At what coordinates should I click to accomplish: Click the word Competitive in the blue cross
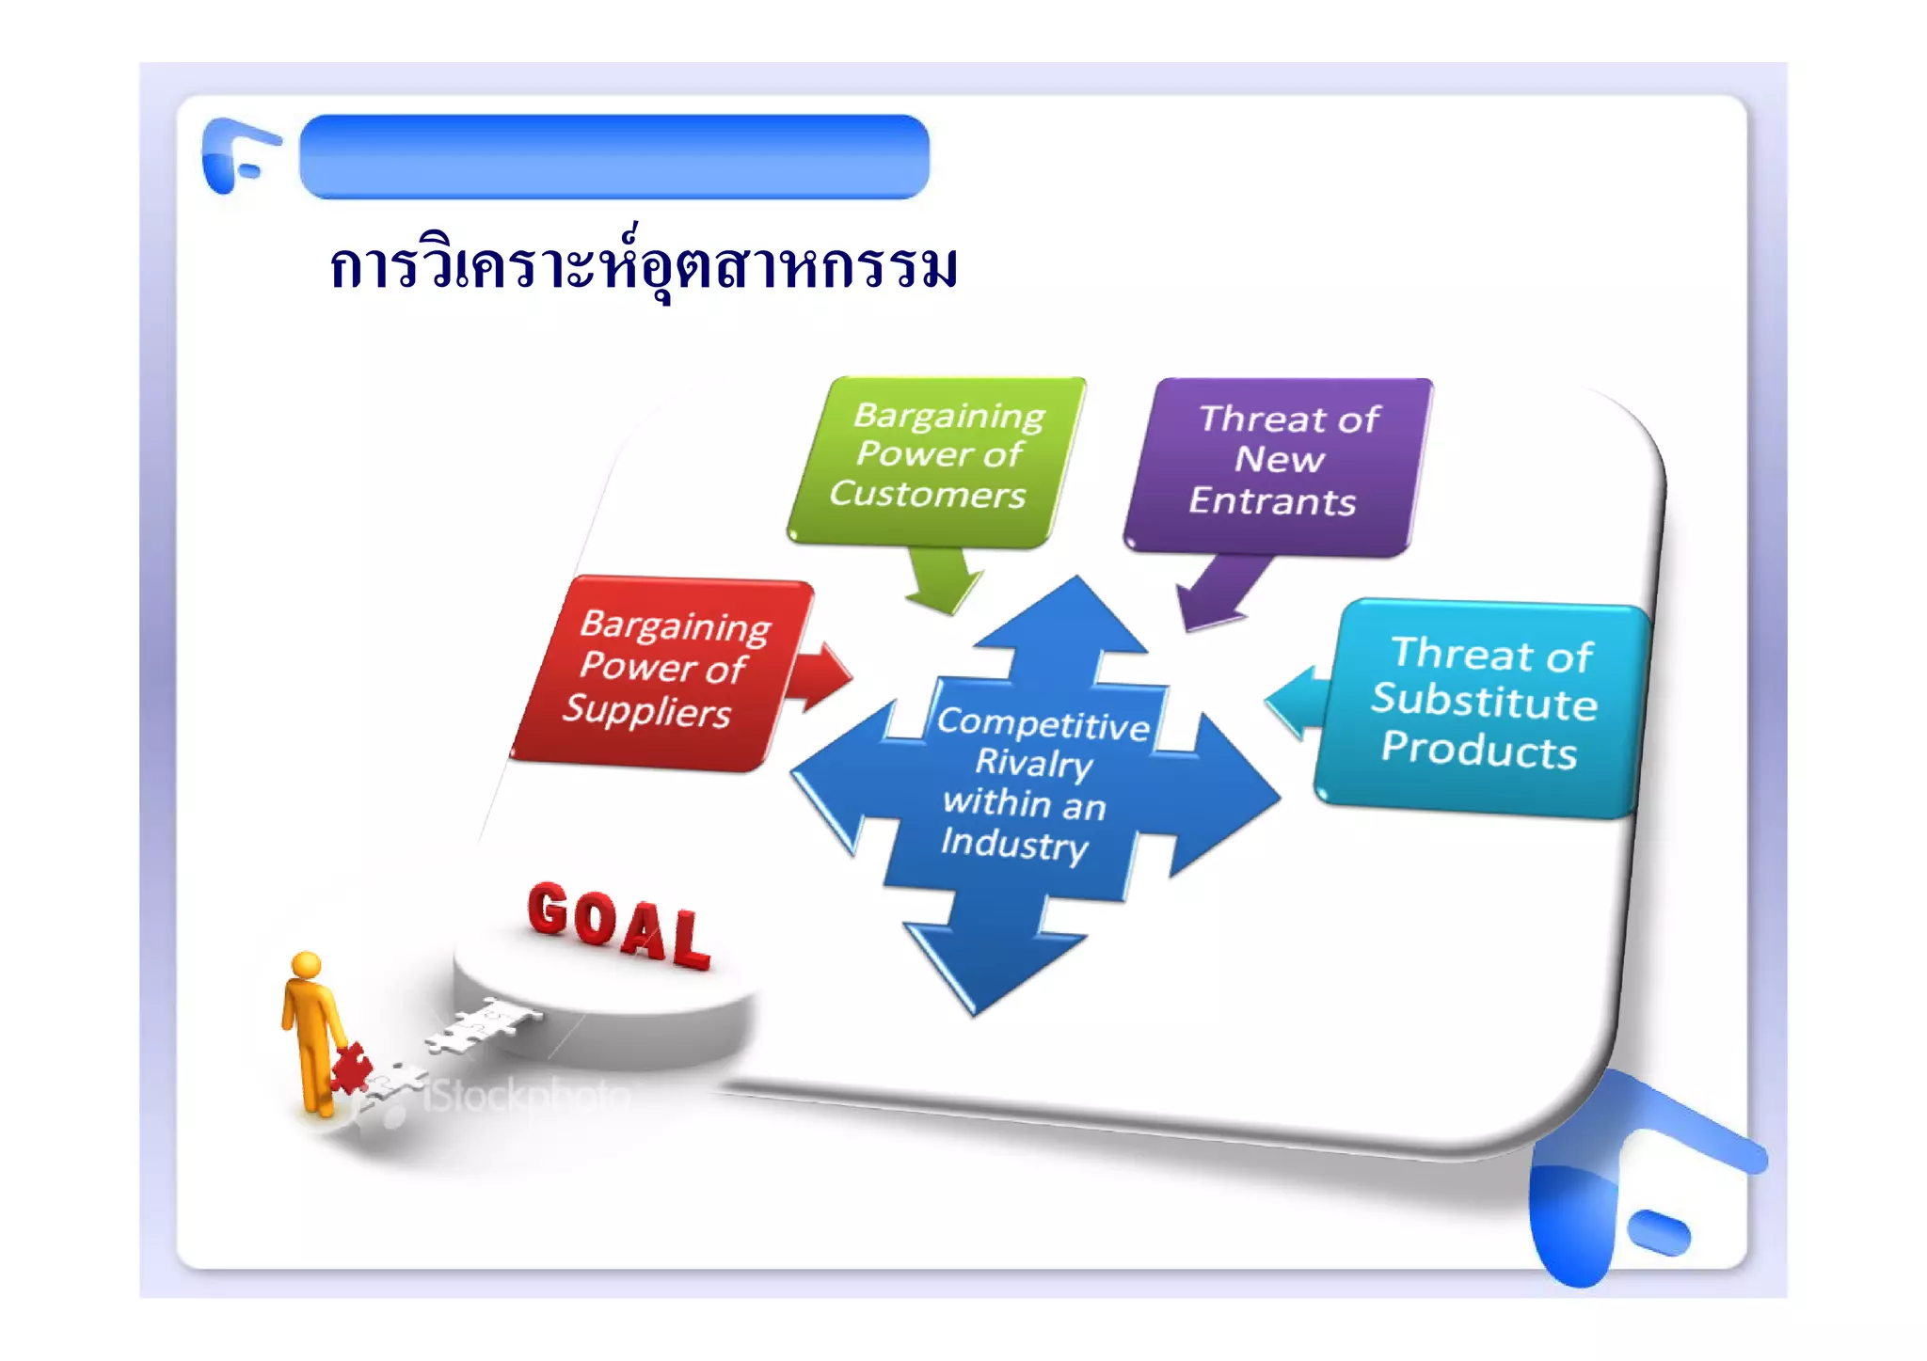coord(1043,723)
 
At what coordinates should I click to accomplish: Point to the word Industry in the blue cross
coord(1014,843)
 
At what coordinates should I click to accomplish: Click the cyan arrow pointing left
coord(1297,701)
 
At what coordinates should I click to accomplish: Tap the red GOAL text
coord(617,926)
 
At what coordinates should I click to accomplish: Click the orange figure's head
coord(307,966)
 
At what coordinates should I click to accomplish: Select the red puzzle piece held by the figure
coord(351,1068)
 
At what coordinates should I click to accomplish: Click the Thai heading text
coord(644,268)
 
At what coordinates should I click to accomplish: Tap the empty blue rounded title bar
coord(613,156)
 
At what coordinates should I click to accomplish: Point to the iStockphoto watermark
coord(527,1096)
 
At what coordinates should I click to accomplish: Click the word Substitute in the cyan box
coord(1484,703)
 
